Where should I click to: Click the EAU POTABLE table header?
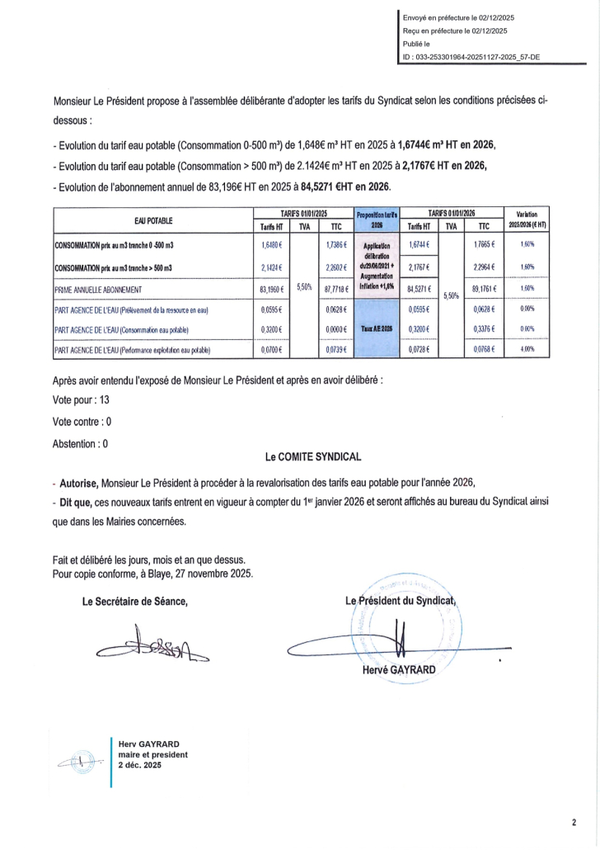[x=152, y=220]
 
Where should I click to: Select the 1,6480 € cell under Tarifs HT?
[x=270, y=245]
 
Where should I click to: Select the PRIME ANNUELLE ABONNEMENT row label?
[x=98, y=290]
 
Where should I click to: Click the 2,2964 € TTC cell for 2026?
[x=484, y=267]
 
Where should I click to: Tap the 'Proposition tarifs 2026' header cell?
[x=376, y=220]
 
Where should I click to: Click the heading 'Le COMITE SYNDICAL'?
[x=313, y=456]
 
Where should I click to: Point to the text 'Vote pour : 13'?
[x=81, y=399]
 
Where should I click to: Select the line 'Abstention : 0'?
[x=80, y=443]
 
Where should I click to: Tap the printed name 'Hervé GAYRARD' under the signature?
[x=400, y=670]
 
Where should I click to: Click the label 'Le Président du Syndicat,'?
[x=401, y=601]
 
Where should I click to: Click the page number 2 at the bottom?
[x=574, y=822]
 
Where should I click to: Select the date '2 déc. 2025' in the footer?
[x=140, y=766]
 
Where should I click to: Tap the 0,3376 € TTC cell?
[x=484, y=329]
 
